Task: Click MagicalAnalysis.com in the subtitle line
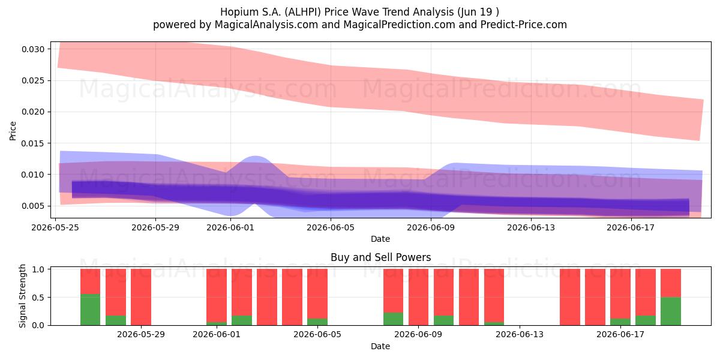266,25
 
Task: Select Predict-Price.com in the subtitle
524,25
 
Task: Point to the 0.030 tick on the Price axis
33,49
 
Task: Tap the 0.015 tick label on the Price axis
33,143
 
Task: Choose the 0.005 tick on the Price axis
33,206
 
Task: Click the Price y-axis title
13,131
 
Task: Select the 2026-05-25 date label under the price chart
55,227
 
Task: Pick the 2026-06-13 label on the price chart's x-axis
531,227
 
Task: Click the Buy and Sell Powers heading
380,257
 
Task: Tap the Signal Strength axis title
22,296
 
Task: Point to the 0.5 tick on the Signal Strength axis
39,298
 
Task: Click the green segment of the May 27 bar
91,310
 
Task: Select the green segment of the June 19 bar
671,311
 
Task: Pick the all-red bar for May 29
141,297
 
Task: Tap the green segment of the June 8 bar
393,319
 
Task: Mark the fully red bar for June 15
570,297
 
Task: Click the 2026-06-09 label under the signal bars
418,335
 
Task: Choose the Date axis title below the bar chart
380,347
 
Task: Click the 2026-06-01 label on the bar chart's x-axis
217,335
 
